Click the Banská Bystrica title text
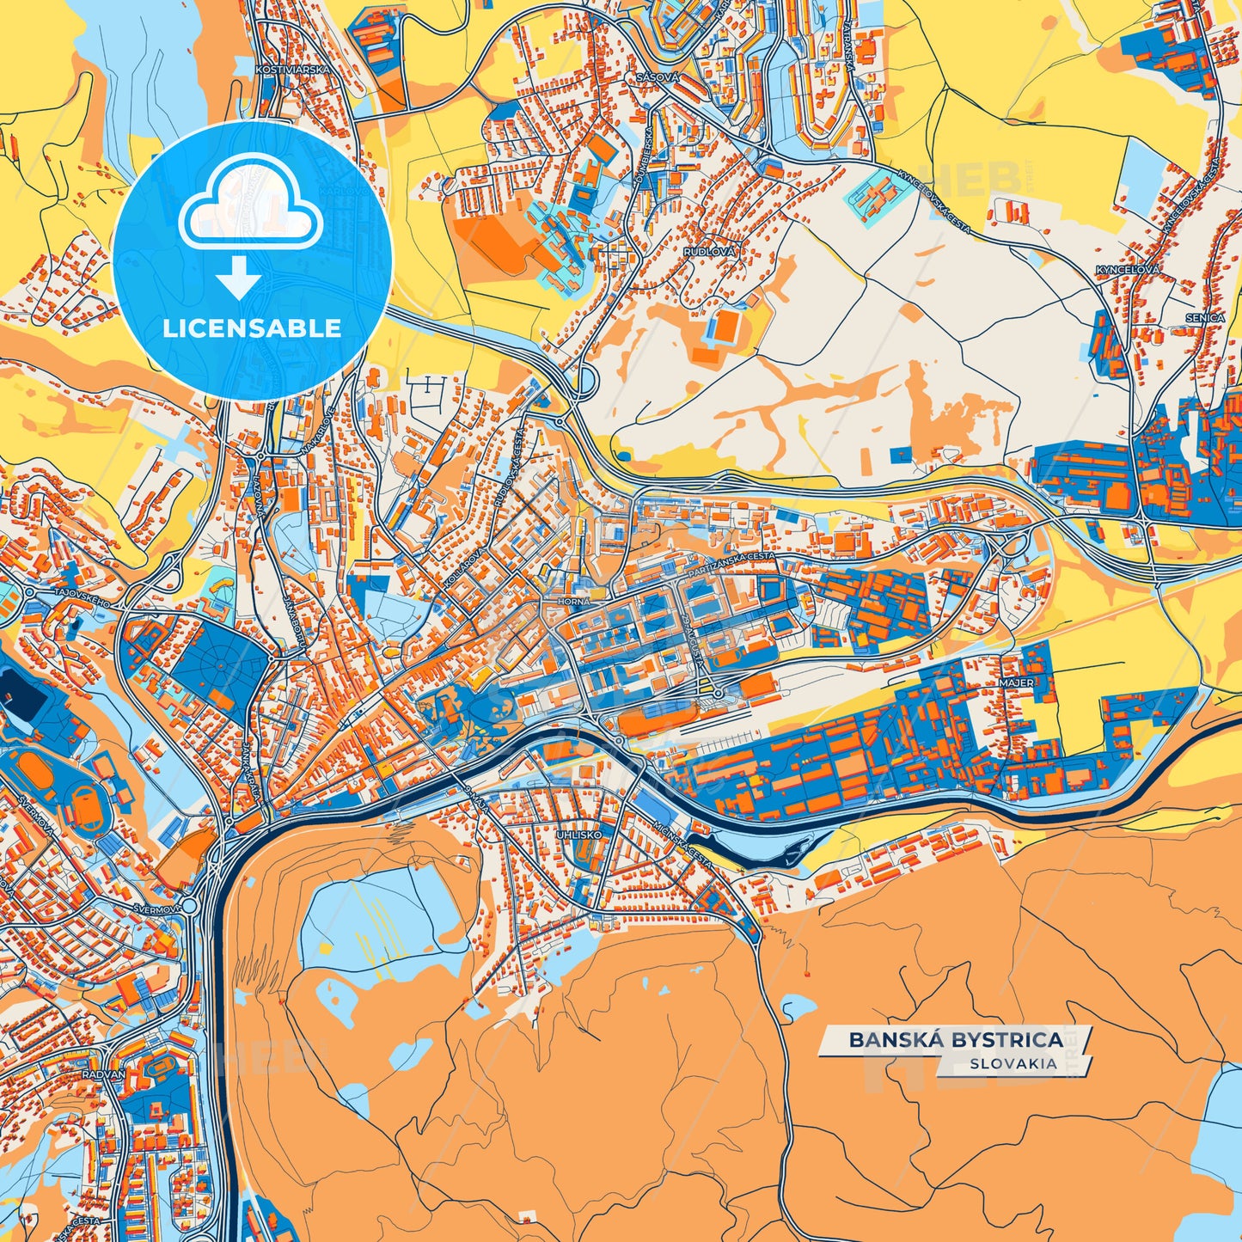956,1040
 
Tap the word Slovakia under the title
1013,1063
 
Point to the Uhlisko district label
579,834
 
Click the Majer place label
1016,682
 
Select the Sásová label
658,77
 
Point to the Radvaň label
103,1074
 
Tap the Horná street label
573,602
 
